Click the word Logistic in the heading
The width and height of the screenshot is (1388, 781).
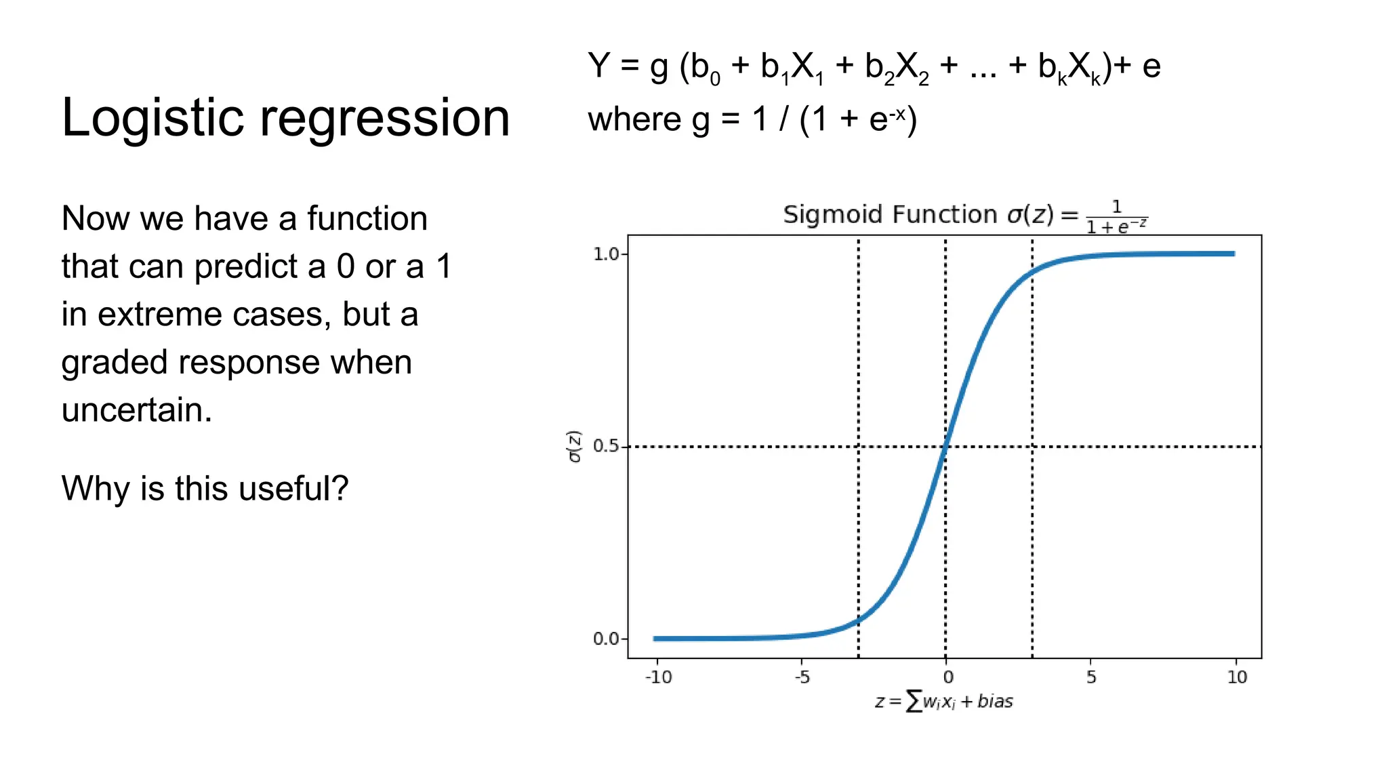152,118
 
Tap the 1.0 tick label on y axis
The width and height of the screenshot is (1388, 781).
606,254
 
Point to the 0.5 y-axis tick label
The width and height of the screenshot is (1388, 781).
606,446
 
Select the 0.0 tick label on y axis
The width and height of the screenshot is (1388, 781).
606,639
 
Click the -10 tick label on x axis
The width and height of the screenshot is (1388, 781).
658,677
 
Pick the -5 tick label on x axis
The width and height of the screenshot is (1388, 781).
802,677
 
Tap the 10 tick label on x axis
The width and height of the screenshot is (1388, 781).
1237,677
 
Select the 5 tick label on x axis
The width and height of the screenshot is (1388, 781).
1091,677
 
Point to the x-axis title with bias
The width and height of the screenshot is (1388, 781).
943,701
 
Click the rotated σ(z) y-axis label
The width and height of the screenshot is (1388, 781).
575,446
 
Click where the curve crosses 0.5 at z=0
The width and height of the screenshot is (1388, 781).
945,446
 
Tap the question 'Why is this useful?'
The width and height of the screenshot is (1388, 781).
205,488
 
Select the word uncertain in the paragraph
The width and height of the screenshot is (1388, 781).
136,410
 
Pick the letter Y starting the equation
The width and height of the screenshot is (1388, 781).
599,66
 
